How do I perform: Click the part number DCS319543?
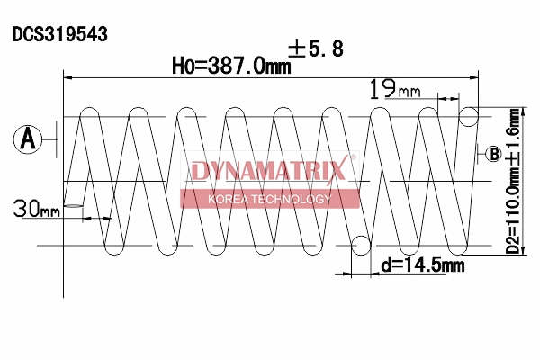(60, 34)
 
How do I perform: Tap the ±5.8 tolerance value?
(315, 49)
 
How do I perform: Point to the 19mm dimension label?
(395, 89)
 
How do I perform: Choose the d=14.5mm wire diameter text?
(422, 265)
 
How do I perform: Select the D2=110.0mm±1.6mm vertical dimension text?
(513, 181)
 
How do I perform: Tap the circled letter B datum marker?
(494, 154)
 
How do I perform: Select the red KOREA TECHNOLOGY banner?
(269, 199)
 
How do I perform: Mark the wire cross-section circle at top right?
(469, 116)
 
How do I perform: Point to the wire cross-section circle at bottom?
(361, 245)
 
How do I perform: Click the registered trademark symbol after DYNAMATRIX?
(353, 159)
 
